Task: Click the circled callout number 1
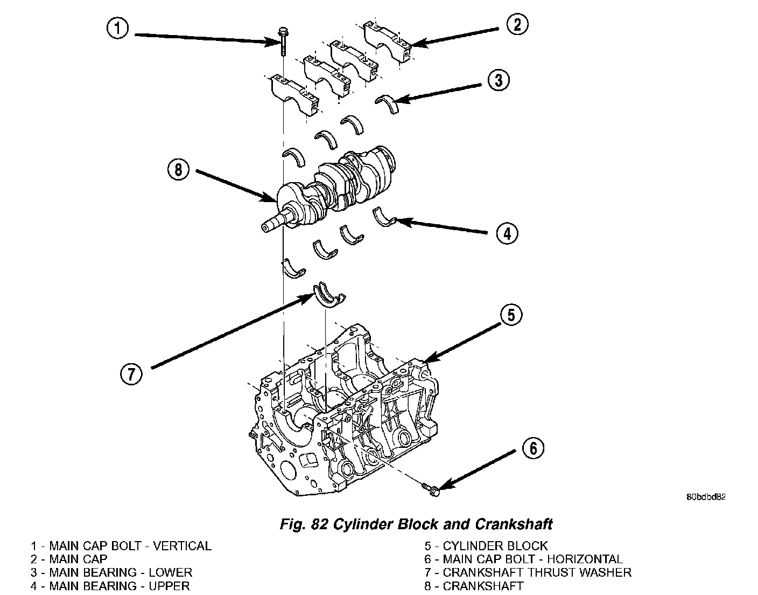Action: click(117, 28)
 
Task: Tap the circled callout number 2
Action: click(517, 24)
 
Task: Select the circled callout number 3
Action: click(499, 80)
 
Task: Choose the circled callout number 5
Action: click(511, 315)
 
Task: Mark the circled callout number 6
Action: click(532, 448)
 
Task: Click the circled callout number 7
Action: click(131, 373)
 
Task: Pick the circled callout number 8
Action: click(178, 170)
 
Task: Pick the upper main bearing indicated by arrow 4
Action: click(384, 218)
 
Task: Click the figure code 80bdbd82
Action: click(706, 497)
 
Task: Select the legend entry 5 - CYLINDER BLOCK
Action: click(486, 546)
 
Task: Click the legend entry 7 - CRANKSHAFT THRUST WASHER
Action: click(528, 572)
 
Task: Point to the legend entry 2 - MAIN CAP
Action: click(69, 559)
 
